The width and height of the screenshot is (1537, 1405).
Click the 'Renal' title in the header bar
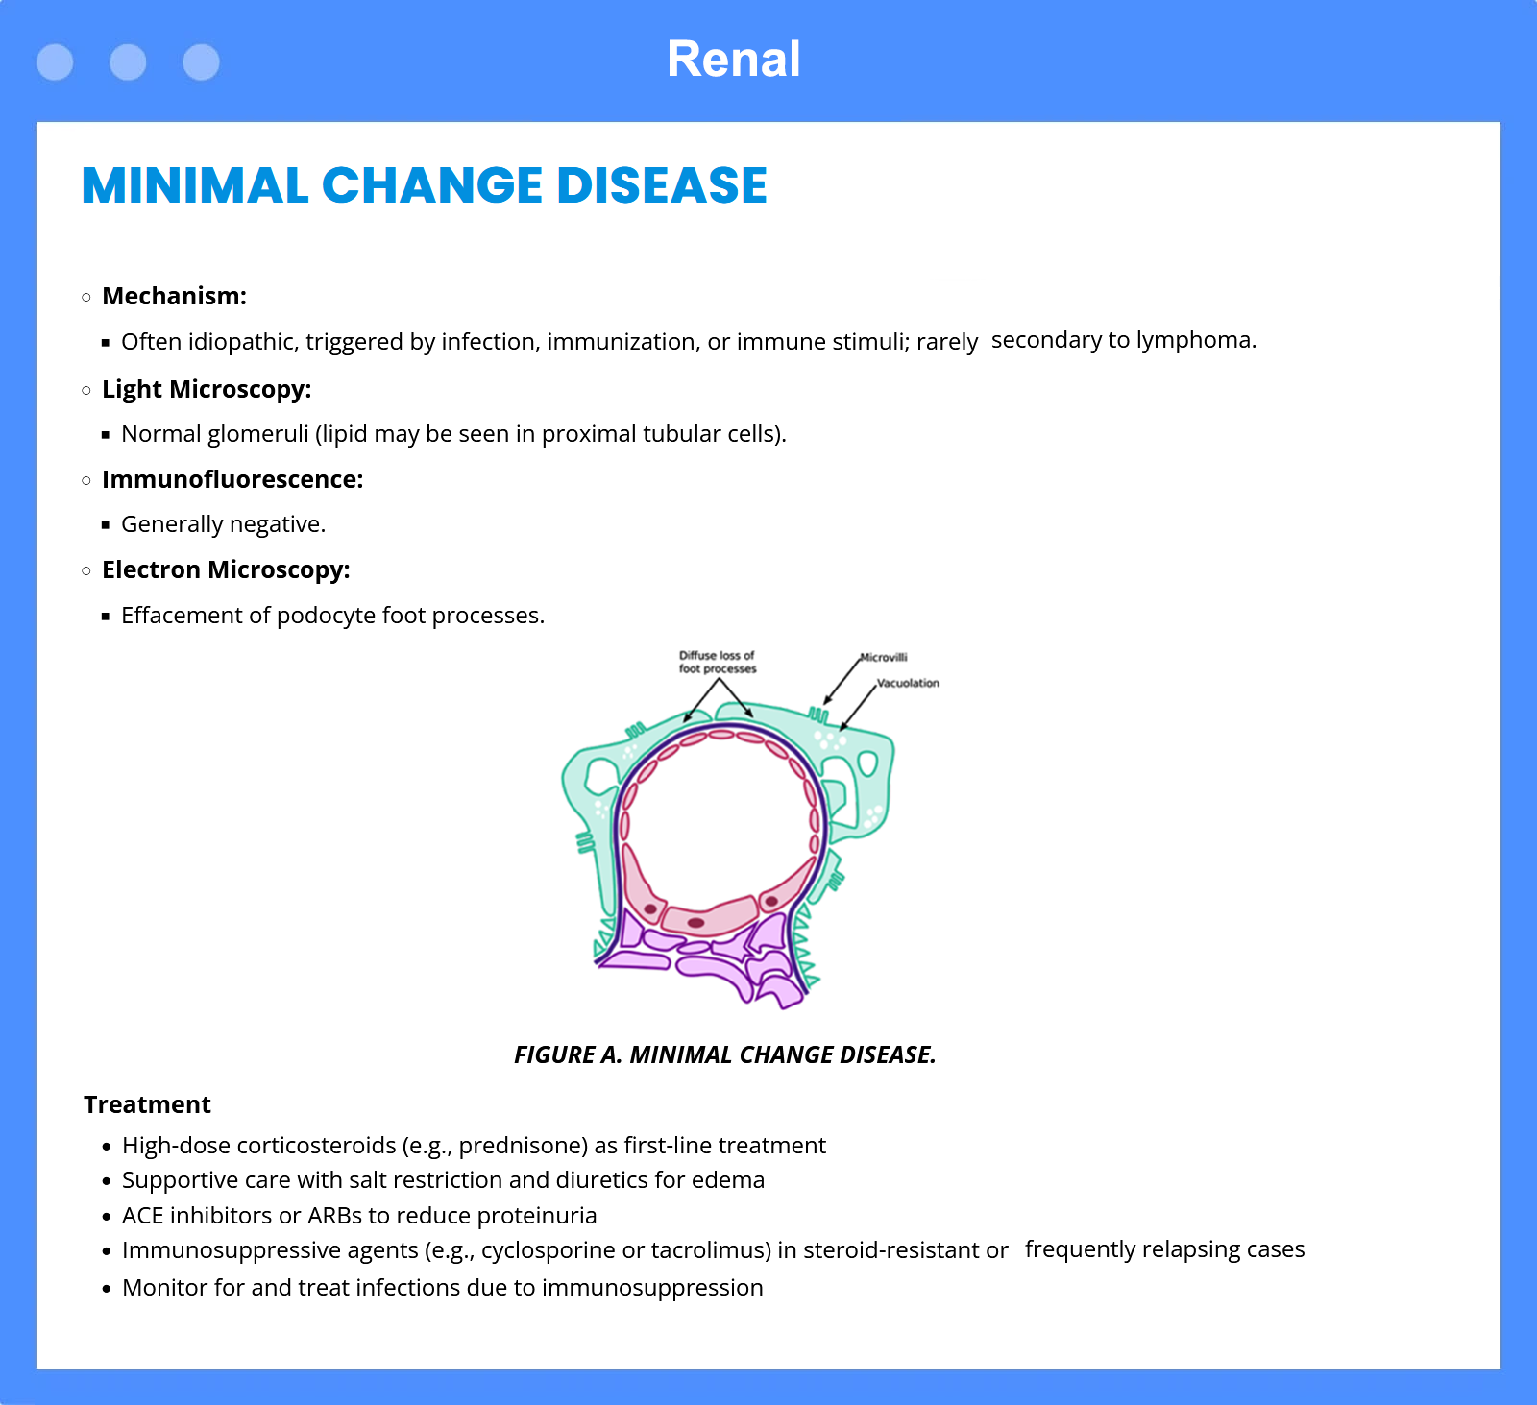[734, 60]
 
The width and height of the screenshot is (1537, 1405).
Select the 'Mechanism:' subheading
[174, 296]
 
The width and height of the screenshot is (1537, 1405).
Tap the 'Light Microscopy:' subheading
[207, 389]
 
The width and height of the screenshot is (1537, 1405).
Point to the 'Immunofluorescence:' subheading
[232, 479]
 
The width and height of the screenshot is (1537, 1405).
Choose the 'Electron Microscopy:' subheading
[226, 569]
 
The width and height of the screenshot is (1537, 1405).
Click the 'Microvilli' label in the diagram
[884, 657]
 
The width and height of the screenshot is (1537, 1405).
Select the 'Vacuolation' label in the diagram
[908, 683]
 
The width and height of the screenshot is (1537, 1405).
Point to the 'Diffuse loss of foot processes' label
[718, 662]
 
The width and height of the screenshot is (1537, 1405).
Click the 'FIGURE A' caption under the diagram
[567, 1054]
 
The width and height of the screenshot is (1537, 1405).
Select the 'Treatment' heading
[147, 1104]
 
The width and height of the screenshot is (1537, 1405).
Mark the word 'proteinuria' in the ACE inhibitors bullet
[537, 1216]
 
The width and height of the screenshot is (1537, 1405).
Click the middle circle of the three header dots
[128, 62]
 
